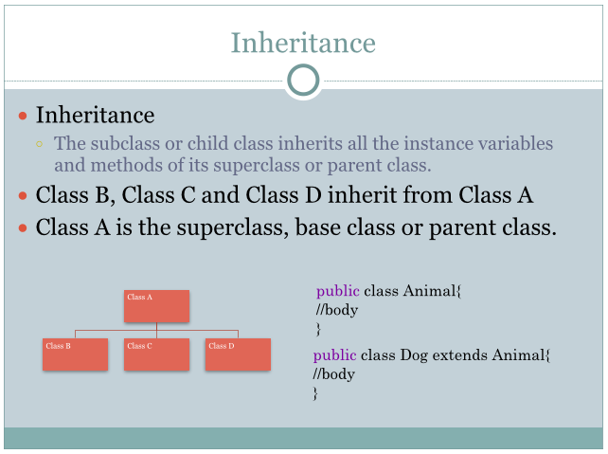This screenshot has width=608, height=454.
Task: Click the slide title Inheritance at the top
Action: pyautogui.click(x=303, y=43)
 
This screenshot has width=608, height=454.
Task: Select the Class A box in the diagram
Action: pyautogui.click(x=156, y=306)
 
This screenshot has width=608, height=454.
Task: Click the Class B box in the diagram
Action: pyautogui.click(x=75, y=354)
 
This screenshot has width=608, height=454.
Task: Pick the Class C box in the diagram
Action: pyautogui.click(x=156, y=354)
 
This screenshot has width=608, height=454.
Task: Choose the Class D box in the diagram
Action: pyautogui.click(x=238, y=354)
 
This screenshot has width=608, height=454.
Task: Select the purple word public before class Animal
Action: pyautogui.click(x=338, y=291)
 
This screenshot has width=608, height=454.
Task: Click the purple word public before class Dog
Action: pyautogui.click(x=334, y=355)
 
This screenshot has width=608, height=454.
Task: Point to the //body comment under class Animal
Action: pyautogui.click(x=336, y=310)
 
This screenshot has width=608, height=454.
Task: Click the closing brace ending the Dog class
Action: pyautogui.click(x=315, y=393)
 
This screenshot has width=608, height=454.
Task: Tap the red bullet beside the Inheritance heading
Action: pyautogui.click(x=23, y=116)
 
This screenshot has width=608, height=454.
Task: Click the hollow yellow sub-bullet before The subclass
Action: pyautogui.click(x=39, y=144)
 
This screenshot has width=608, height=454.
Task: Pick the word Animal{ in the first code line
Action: pyautogui.click(x=433, y=291)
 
